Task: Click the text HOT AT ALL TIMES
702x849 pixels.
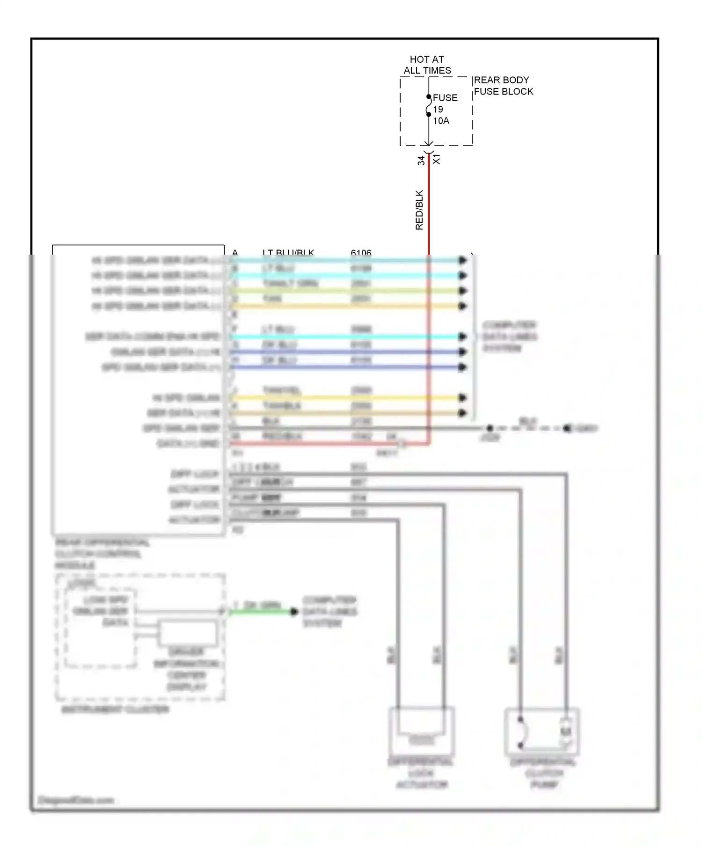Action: (x=427, y=65)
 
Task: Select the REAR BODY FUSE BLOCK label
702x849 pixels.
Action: (x=503, y=86)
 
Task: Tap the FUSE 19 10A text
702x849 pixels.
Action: (x=445, y=109)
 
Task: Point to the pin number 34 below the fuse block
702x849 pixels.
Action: (x=421, y=160)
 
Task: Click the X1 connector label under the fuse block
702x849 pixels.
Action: (x=437, y=159)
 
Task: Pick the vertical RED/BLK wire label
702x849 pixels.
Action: (x=419, y=210)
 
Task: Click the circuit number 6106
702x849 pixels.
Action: (x=361, y=253)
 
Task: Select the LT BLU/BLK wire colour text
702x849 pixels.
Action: (x=288, y=253)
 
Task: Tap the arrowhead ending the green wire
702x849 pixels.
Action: (x=294, y=611)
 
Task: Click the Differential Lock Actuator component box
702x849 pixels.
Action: (x=421, y=729)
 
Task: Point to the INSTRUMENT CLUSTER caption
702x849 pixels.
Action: (x=115, y=710)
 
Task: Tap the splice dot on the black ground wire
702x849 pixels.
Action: (x=490, y=428)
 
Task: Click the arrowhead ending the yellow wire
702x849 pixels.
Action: (x=462, y=398)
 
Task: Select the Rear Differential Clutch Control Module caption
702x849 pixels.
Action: (x=102, y=554)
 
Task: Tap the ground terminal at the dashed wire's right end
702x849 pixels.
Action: (x=567, y=428)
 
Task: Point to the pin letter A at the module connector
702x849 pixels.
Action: (x=235, y=253)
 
